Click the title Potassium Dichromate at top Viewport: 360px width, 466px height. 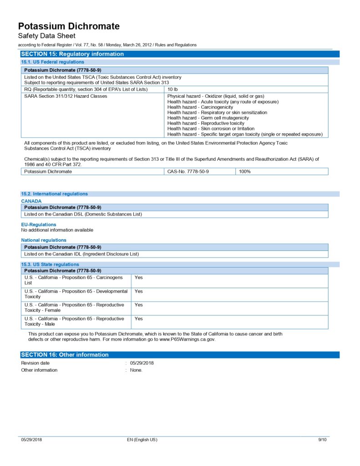(x=69, y=26)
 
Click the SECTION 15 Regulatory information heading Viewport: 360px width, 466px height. (x=72, y=54)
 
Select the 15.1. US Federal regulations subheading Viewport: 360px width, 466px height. (x=52, y=62)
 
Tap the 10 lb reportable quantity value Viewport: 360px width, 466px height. (x=172, y=89)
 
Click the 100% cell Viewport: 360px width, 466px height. (x=245, y=172)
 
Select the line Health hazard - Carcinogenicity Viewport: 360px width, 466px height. (x=200, y=107)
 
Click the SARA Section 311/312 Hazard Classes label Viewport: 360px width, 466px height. (x=66, y=96)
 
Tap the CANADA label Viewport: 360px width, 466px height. (x=31, y=201)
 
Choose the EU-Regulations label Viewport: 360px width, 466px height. (x=39, y=224)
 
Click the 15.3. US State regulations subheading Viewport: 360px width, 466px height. (x=50, y=264)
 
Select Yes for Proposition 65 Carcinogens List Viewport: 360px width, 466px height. (x=139, y=278)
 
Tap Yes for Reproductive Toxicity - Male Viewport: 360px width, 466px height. (x=139, y=319)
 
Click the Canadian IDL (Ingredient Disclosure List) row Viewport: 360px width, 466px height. (x=81, y=254)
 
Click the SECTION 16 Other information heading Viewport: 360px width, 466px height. (x=65, y=355)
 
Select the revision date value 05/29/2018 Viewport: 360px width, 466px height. (x=142, y=363)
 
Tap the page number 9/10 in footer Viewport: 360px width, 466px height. (x=322, y=440)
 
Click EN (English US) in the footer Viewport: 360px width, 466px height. (x=142, y=440)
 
